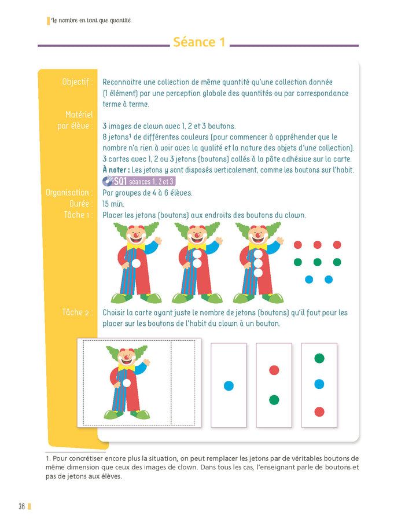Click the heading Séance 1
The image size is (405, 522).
point(198,42)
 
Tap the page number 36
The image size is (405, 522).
point(21,507)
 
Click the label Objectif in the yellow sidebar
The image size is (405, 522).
point(77,82)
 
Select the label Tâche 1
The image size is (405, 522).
point(78,215)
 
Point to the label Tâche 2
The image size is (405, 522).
point(77,313)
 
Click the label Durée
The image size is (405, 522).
point(80,204)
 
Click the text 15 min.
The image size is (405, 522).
point(113,204)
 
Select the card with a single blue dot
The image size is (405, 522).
point(229,385)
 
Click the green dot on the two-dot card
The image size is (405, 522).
point(274,399)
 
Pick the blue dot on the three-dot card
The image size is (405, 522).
point(319,384)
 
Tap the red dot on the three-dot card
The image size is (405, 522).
point(319,411)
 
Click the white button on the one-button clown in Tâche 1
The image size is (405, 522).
point(136,263)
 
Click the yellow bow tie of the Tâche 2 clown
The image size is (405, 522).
point(126,367)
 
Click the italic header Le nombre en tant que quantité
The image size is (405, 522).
point(91,21)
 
